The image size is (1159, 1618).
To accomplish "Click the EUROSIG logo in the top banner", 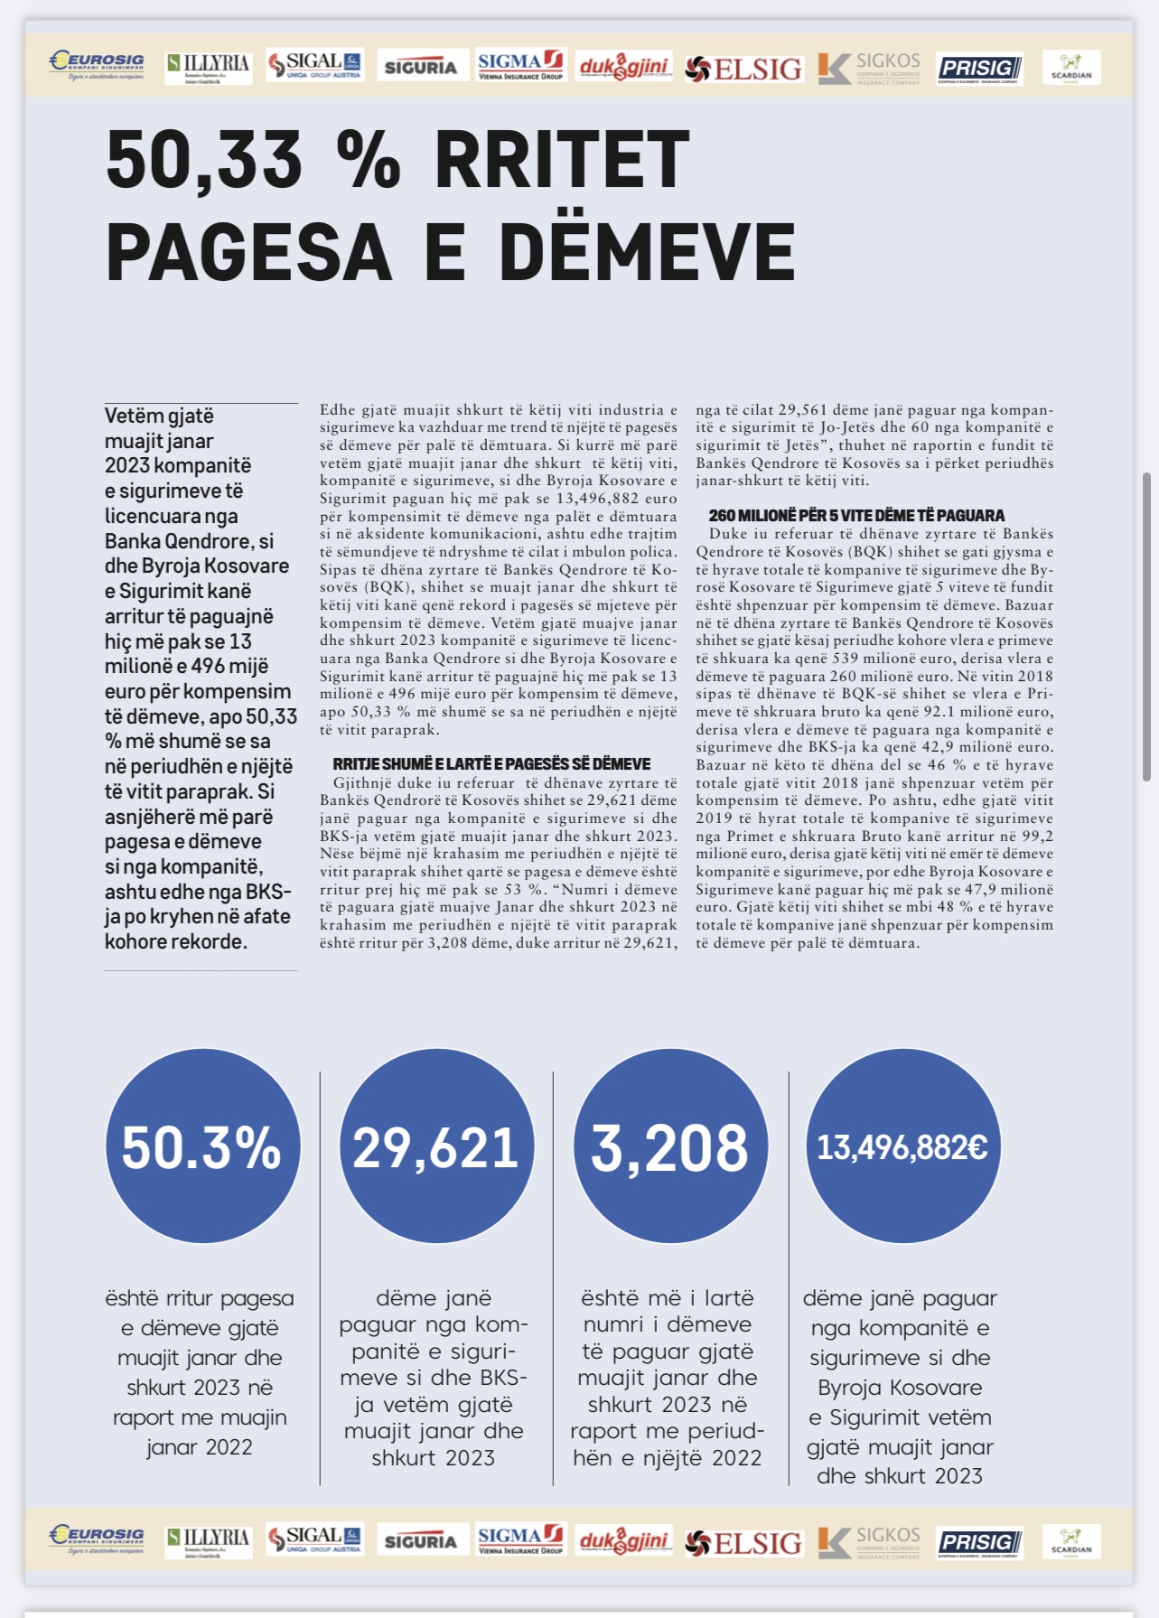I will (97, 65).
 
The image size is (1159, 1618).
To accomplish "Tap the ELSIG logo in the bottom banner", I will (743, 1543).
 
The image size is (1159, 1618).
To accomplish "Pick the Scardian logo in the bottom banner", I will (1071, 1541).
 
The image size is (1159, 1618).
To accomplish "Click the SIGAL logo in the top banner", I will (314, 65).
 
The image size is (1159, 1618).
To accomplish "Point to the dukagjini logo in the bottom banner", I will (624, 1541).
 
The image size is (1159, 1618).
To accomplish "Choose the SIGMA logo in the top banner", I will (520, 65).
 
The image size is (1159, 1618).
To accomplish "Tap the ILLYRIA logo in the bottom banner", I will (209, 1541).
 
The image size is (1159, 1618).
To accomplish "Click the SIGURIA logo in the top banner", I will (421, 67).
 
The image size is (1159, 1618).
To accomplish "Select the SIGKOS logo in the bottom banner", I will (869, 1541).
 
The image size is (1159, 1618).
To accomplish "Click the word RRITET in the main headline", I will (562, 161).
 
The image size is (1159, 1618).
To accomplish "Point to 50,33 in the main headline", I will (204, 161).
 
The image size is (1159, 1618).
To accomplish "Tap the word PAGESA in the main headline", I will (249, 251).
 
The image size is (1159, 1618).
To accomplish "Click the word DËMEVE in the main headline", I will (647, 251).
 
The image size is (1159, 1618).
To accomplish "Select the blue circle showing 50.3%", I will (202, 1146).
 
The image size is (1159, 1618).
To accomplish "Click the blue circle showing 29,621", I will (436, 1146).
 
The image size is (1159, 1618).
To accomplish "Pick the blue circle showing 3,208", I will (670, 1146).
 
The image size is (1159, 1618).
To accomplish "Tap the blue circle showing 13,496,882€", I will (902, 1146).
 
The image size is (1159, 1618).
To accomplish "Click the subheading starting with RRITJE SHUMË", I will (491, 764).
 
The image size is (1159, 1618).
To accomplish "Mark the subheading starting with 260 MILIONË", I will (856, 516).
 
